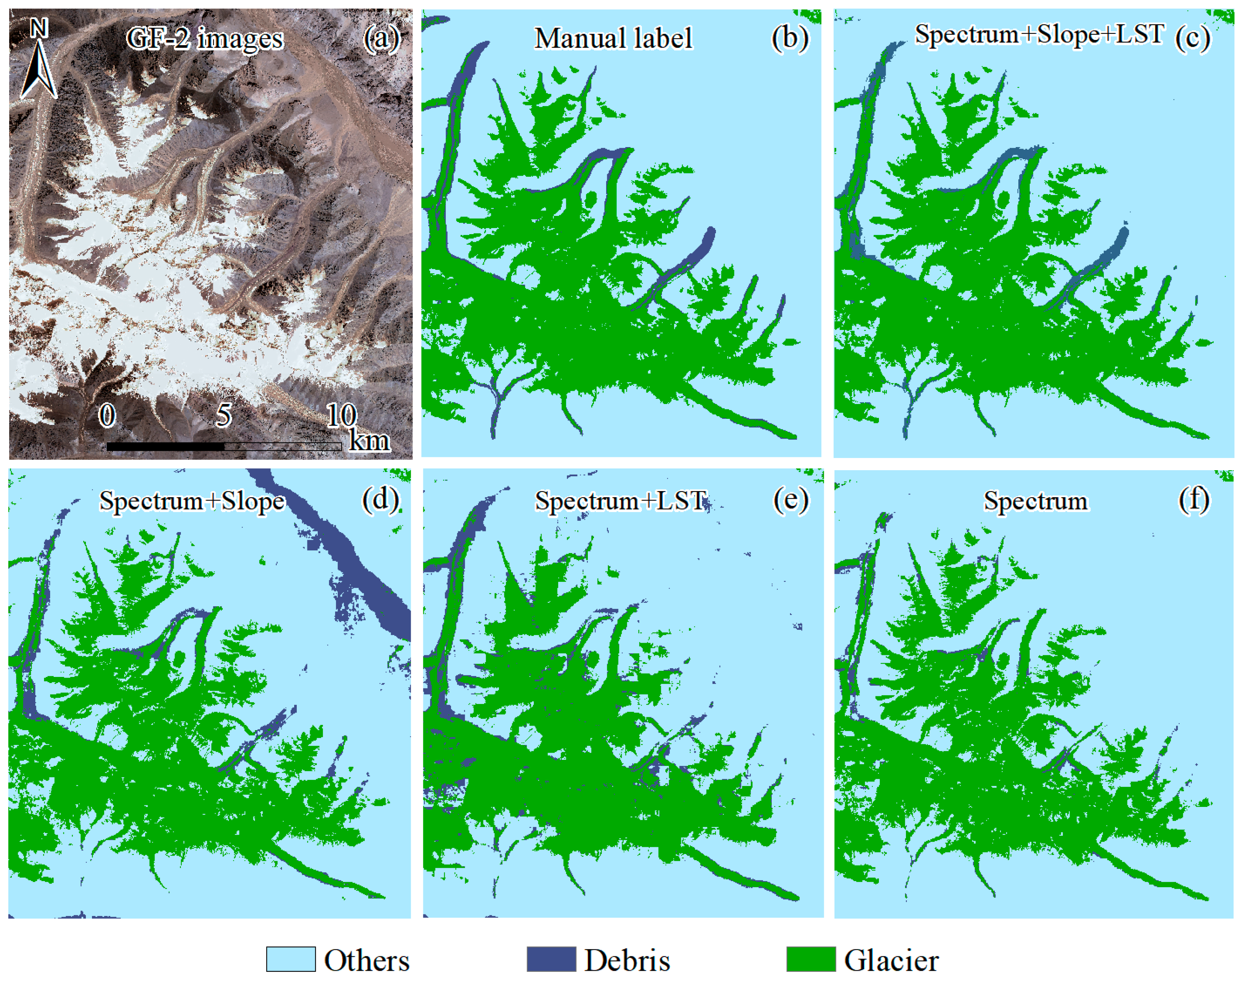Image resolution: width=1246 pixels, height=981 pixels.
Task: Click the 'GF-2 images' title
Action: [x=204, y=39]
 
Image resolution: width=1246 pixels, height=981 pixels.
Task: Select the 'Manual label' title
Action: [x=613, y=39]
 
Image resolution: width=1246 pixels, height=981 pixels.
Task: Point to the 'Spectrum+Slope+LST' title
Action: [x=1039, y=35]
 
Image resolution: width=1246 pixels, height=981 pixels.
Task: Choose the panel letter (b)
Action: [x=790, y=39]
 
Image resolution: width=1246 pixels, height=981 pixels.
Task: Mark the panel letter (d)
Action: [x=380, y=500]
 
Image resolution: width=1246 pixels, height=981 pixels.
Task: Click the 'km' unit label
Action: [x=369, y=441]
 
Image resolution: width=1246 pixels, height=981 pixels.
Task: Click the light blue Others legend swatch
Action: [x=291, y=959]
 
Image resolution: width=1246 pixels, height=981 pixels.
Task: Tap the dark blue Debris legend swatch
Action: [x=551, y=959]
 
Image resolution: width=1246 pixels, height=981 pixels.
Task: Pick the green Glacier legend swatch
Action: [x=811, y=959]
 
